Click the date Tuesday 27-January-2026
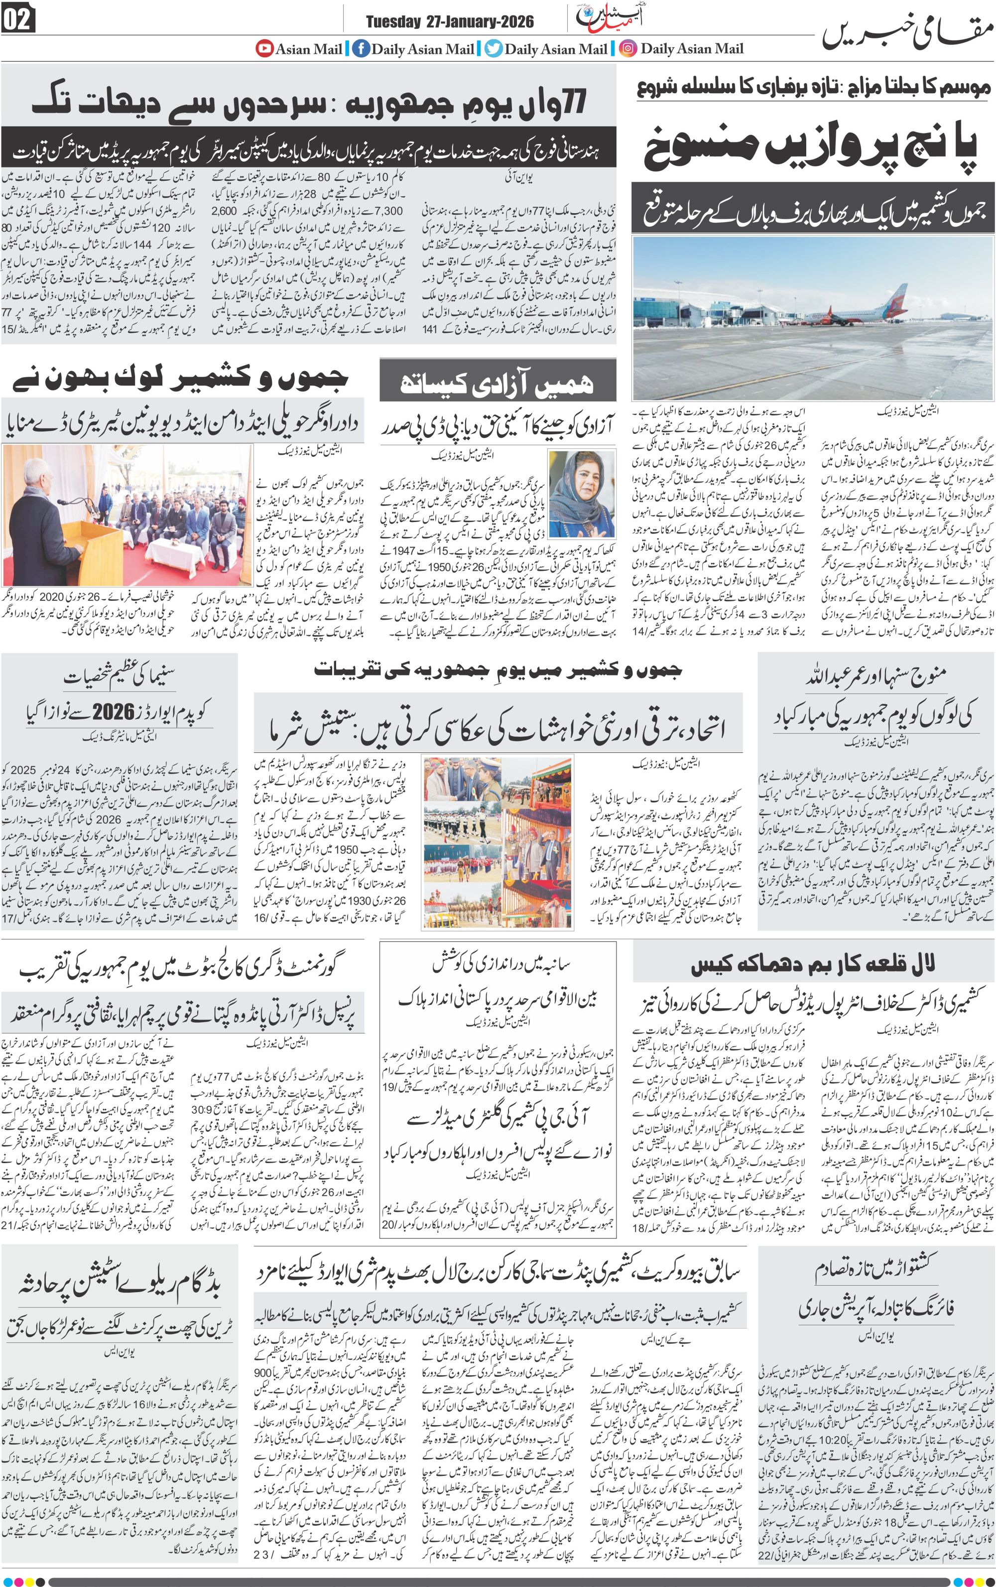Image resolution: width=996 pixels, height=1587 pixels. point(450,22)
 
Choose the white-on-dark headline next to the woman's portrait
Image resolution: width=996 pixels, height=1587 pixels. point(498,383)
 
